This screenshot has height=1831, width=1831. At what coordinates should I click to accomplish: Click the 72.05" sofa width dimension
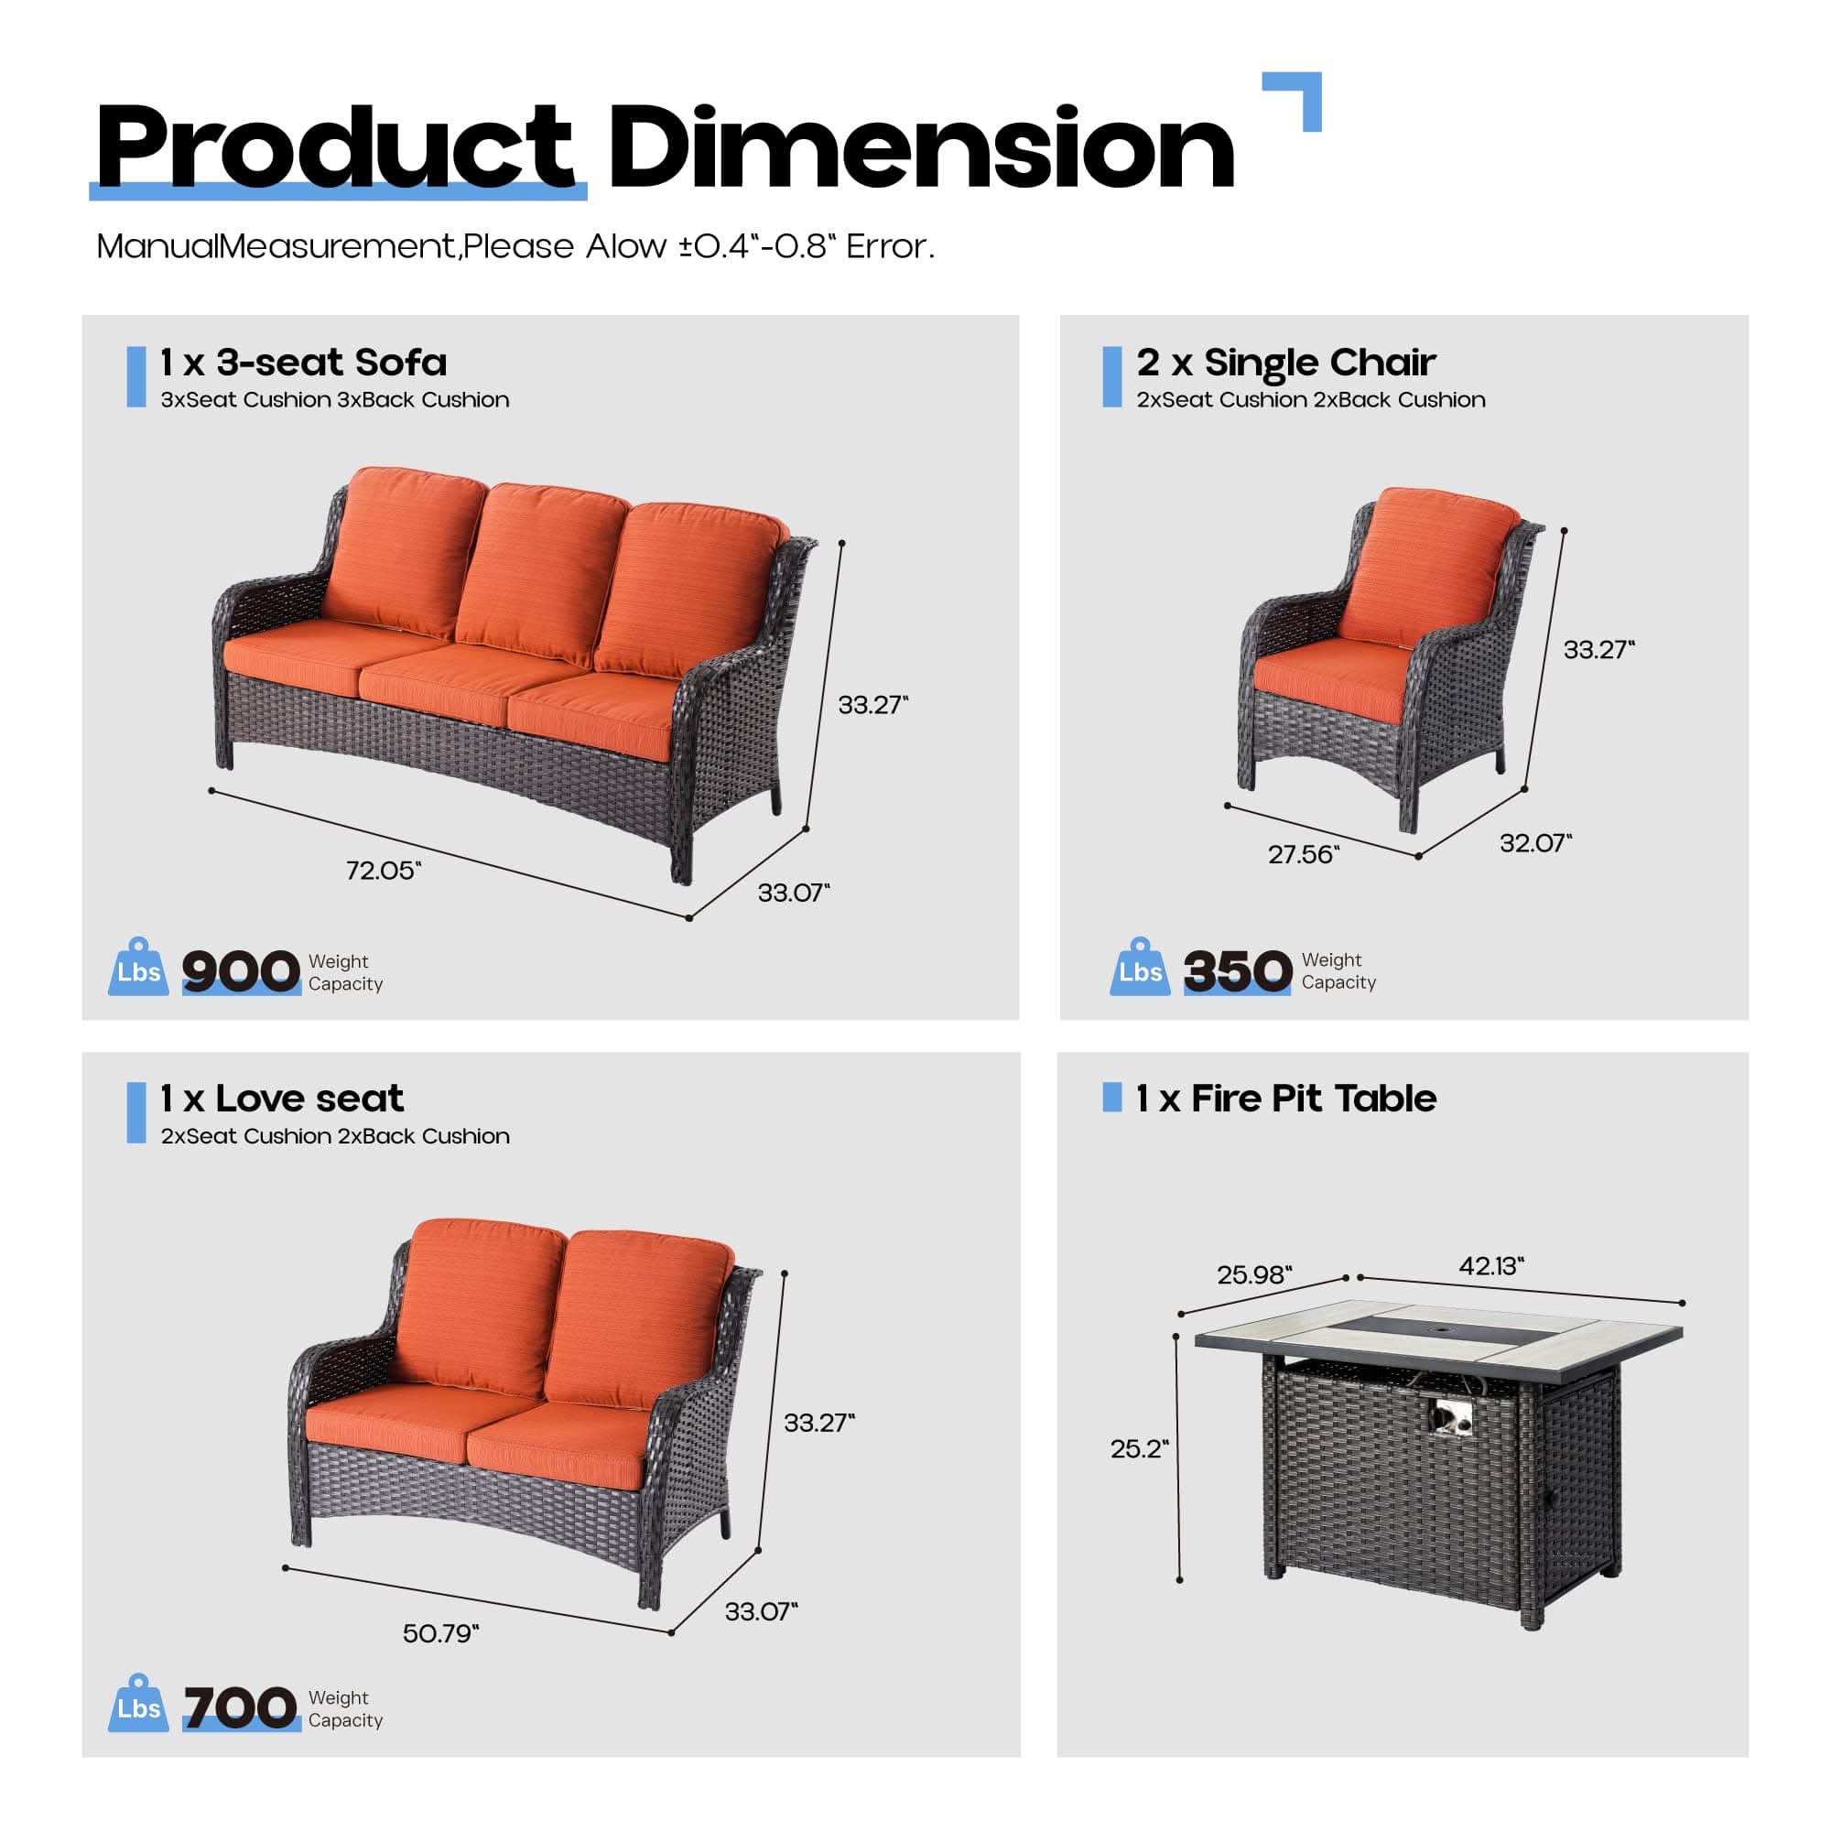coord(383,870)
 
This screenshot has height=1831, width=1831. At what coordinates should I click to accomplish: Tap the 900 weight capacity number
coord(241,971)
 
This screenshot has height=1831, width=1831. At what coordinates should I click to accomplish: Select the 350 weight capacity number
coord(1237,971)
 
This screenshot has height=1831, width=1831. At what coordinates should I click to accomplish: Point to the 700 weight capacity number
coord(241,1707)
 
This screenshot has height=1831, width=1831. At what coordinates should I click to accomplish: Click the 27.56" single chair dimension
coord(1303,855)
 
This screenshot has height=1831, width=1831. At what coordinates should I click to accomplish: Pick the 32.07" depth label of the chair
coord(1535,842)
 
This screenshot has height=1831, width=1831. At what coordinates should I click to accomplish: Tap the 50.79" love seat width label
coord(440,1633)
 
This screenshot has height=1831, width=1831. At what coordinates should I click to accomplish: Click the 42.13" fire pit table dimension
coord(1490,1265)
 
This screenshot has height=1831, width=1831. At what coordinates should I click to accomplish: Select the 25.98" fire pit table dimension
coord(1255,1273)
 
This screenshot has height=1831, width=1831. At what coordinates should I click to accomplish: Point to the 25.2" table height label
coord(1139,1448)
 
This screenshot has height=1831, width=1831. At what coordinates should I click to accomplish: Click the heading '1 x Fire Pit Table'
coord(1286,1099)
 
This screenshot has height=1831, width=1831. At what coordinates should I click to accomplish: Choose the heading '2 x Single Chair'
coord(1286,362)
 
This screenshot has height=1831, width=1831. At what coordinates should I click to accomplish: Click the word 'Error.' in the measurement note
coord(890,246)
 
